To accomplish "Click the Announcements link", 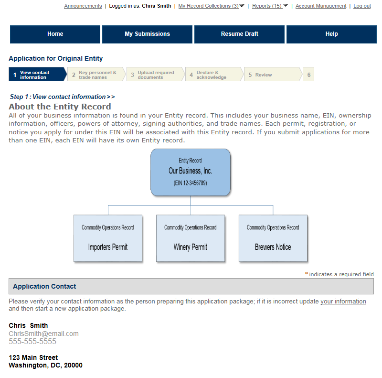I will click(83, 6).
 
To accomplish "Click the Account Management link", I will click(321, 6).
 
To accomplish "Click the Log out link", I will click(362, 6).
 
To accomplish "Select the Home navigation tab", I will click(55, 34).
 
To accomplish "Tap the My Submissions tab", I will click(147, 34).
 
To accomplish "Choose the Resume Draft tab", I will click(239, 34).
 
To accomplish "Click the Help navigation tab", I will click(331, 34).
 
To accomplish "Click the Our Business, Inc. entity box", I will click(190, 172).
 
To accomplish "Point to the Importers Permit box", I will click(108, 238).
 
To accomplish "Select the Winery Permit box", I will click(191, 238).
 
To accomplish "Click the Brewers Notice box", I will click(273, 238).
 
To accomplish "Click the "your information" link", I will click(343, 302).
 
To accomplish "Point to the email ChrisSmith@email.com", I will click(43, 334).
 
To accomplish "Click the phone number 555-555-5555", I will click(32, 342).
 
